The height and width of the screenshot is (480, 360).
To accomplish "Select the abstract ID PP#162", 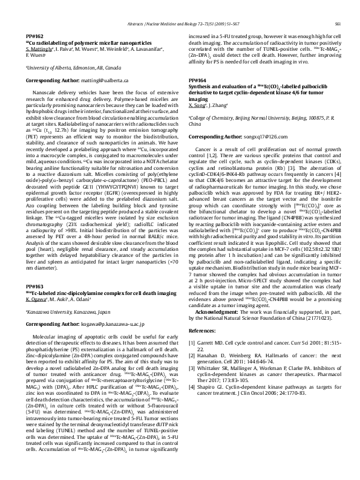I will (34, 37).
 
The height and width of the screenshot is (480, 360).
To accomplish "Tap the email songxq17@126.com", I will (250, 154).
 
